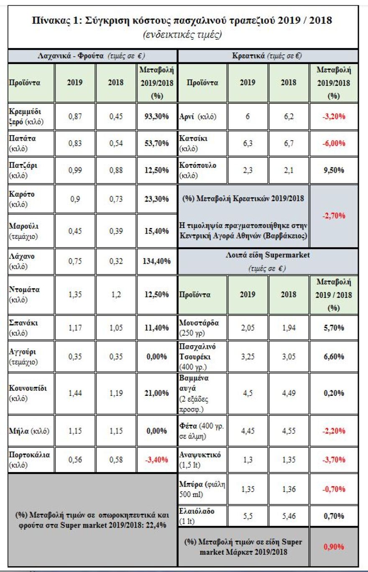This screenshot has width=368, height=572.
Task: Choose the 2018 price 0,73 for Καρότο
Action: coord(116,198)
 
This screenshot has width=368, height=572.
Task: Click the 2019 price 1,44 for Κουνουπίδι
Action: coord(75,393)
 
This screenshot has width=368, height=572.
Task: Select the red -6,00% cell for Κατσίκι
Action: coord(333,143)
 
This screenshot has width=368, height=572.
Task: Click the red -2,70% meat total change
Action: coord(333,216)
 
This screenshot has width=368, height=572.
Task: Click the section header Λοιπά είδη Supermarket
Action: coord(268,256)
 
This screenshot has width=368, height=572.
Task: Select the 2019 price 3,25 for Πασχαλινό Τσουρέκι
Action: coord(248,357)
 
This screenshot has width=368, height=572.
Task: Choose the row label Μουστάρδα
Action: coord(199,323)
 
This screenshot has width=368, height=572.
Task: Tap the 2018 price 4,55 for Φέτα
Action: coord(289,430)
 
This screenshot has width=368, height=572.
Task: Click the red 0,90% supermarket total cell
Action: coord(333,546)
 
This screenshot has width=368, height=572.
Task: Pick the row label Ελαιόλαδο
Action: coord(197,511)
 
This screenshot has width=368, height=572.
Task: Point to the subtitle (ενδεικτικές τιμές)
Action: coord(183,35)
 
